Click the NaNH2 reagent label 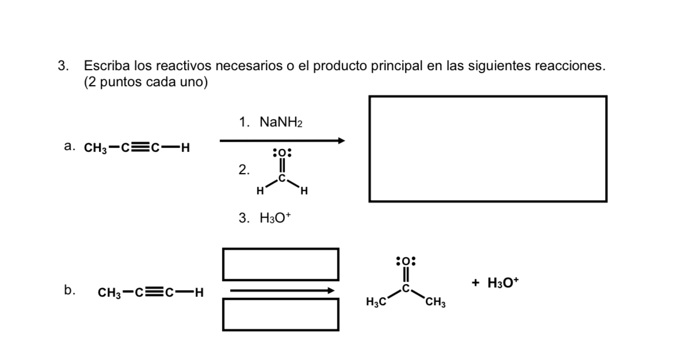coord(281,122)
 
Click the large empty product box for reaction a coord(487,149)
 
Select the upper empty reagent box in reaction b coord(280,264)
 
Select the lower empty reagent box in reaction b coord(280,314)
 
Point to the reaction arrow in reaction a coord(282,140)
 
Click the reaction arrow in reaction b coord(282,290)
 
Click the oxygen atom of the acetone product coord(406,261)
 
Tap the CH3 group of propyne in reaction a coord(95,148)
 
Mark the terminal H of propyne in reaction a coord(185,148)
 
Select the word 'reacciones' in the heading coord(570,66)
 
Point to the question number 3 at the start coord(62,66)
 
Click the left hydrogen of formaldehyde coord(260,190)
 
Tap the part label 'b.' coord(70,291)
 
